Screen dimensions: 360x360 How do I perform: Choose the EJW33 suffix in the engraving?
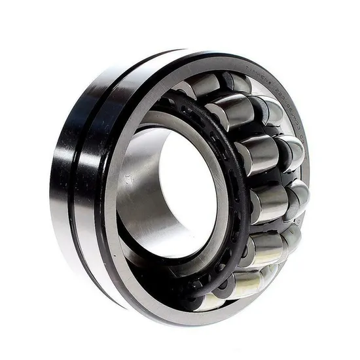pos(293,115)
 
